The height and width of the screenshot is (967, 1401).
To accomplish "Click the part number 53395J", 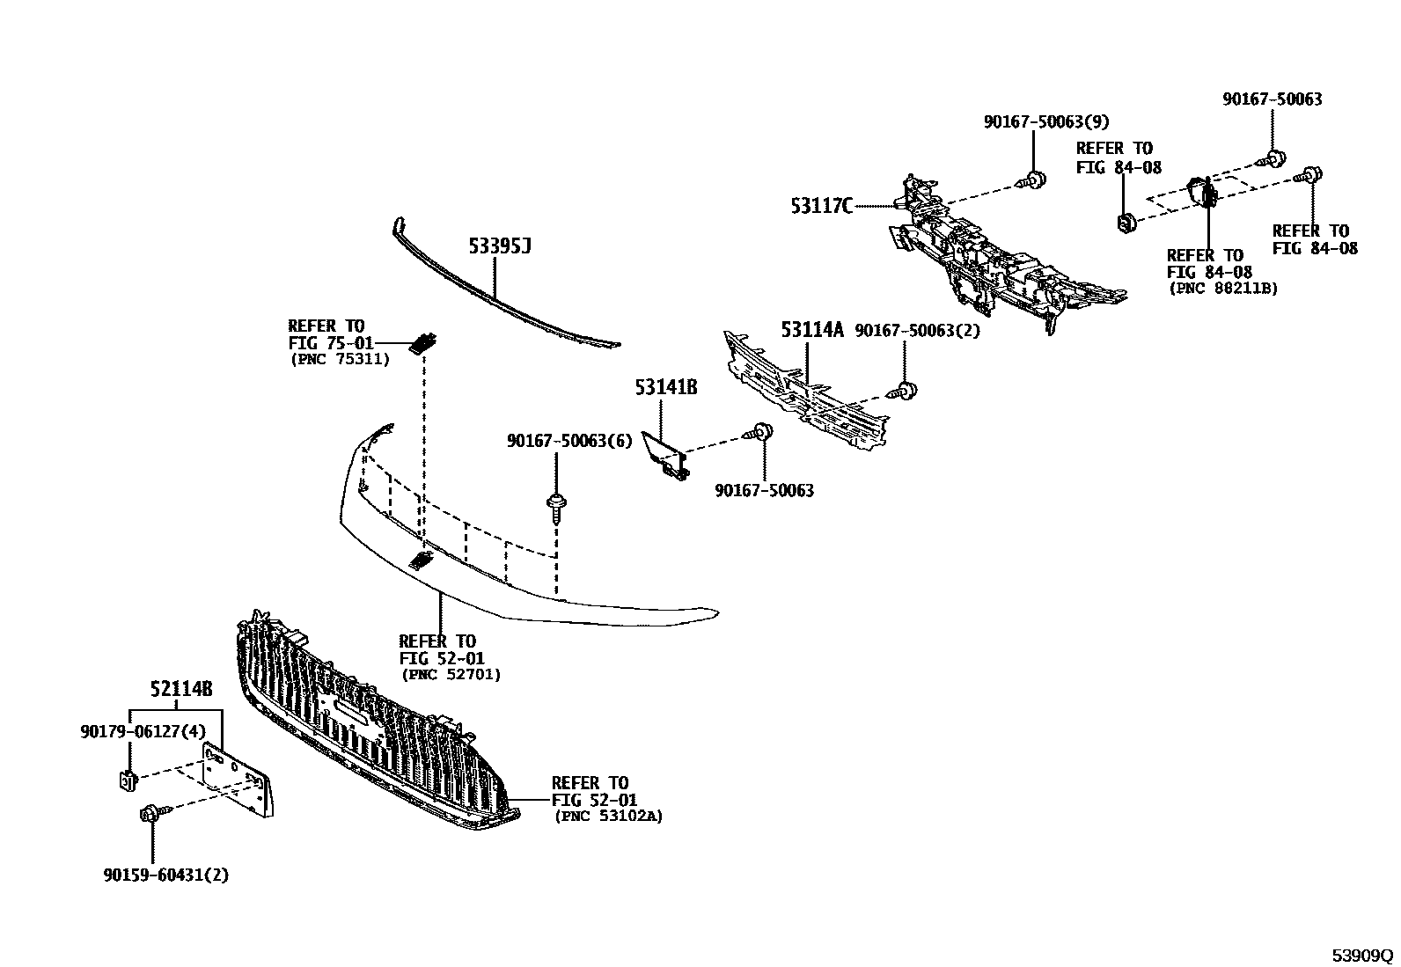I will [499, 247].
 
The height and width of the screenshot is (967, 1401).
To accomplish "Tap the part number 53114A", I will [811, 331].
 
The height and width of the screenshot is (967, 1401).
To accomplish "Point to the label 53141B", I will [666, 387].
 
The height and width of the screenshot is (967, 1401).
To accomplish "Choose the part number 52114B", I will [180, 690].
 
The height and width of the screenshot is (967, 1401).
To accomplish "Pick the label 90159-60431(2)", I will [165, 875].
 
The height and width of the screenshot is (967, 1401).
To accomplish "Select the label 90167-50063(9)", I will [1045, 122].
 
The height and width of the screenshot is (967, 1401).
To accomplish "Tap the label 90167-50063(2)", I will [917, 331].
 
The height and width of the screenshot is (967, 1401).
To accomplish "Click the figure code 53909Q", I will [1361, 956].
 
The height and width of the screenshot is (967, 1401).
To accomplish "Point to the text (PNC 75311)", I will [339, 359].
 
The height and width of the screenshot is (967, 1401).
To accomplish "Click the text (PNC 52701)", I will [451, 674].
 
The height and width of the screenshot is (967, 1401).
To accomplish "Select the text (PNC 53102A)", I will [608, 817].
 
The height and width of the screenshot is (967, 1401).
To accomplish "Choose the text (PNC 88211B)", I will [1222, 288].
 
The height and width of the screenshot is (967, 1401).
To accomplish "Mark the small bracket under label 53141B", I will [665, 455].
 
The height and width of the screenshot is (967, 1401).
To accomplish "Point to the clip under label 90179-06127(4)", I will [127, 779].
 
